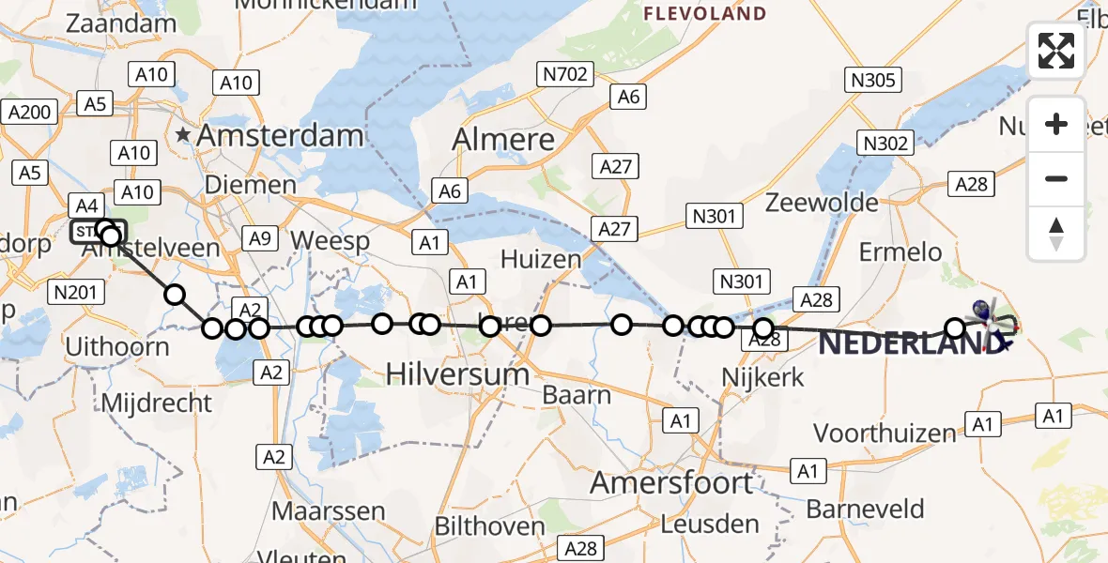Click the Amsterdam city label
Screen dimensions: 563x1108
[x=279, y=136]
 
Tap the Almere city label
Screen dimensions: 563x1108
[x=504, y=140]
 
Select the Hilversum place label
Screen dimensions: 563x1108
[x=458, y=375]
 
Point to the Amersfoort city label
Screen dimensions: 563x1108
[x=671, y=484]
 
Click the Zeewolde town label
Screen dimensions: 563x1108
[x=822, y=203]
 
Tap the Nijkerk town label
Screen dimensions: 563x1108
[x=763, y=376]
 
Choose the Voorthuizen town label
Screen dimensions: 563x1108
[x=885, y=434]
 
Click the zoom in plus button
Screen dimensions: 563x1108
[x=1056, y=124]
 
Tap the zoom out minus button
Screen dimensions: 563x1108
[x=1056, y=178]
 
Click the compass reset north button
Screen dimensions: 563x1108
[x=1056, y=234]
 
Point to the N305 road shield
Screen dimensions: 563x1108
[x=872, y=80]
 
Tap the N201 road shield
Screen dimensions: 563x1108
[x=74, y=293]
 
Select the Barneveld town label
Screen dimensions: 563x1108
[x=866, y=510]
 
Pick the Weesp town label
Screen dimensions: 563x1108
[x=330, y=240]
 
